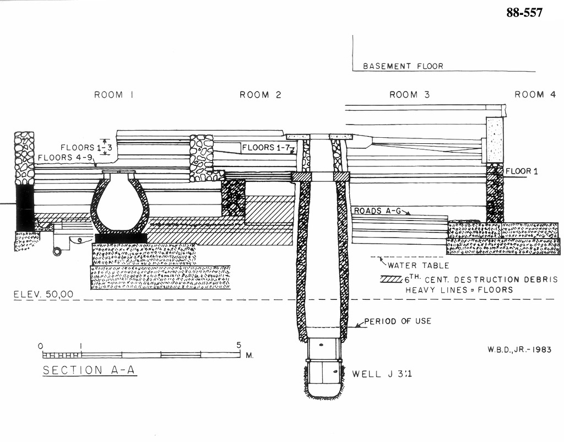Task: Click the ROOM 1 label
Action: coord(113,95)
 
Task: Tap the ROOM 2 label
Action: coord(261,95)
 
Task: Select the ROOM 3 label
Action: coord(410,95)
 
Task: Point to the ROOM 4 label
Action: coord(535,95)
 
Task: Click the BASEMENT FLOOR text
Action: coord(403,66)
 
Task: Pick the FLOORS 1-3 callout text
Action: coord(86,147)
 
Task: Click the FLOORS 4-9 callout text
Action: coord(66,158)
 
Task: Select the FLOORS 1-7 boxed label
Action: coord(266,147)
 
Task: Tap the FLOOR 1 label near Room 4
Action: coord(522,171)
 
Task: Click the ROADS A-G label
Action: coord(378,211)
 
